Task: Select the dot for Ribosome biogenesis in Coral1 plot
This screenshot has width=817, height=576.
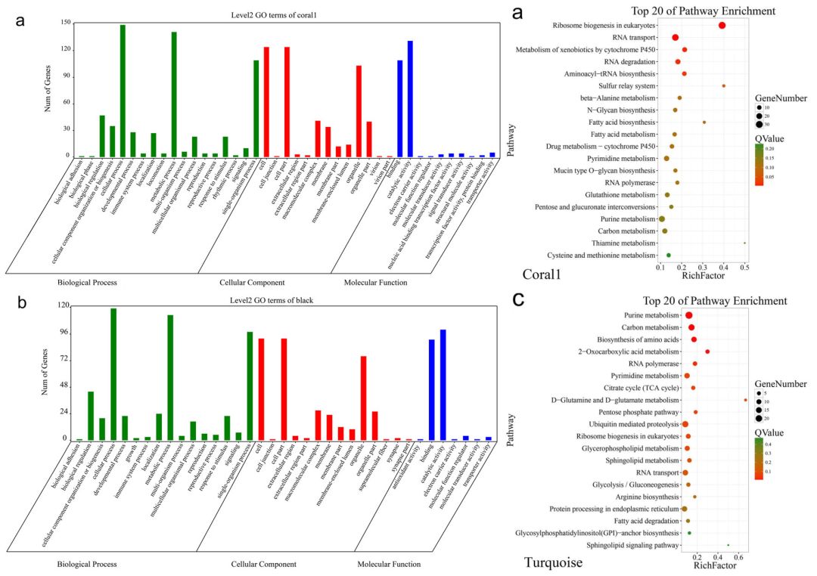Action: pos(722,26)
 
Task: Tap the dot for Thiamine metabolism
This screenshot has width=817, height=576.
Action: pos(744,243)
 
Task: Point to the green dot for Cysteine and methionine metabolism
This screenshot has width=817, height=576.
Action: pos(669,255)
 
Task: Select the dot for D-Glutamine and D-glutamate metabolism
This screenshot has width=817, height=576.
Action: pos(745,400)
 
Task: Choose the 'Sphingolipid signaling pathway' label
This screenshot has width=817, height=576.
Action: pos(626,545)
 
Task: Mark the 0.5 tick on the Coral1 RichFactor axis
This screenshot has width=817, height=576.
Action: pos(744,268)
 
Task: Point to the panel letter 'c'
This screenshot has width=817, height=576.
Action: pos(518,299)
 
